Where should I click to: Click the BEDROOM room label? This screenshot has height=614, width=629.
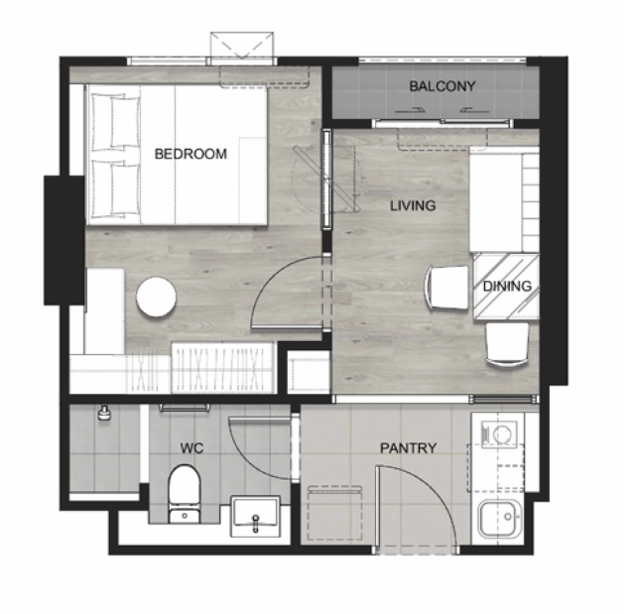tap(190, 154)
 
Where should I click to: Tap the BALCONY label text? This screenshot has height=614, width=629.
tap(442, 86)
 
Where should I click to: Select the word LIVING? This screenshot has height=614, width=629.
tap(413, 205)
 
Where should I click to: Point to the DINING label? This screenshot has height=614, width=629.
tap(507, 286)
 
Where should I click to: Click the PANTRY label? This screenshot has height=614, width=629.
tap(409, 448)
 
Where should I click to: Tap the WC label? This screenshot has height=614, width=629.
tap(191, 448)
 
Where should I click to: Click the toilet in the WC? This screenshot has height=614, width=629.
tap(185, 494)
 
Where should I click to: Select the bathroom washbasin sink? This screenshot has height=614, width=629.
tap(255, 516)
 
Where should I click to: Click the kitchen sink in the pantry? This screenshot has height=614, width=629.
tap(500, 519)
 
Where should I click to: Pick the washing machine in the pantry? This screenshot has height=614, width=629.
tap(499, 434)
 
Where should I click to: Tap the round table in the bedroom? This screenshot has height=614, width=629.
tap(156, 298)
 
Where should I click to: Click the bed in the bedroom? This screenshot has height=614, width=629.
tap(177, 155)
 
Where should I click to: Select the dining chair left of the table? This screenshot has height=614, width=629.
tap(446, 287)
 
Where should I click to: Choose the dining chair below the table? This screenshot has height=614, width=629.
tap(507, 345)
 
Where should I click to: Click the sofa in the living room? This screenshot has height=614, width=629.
tap(504, 199)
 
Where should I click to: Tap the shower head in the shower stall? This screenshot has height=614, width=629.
tap(104, 413)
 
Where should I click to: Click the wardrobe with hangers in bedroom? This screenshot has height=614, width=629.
tap(222, 368)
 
